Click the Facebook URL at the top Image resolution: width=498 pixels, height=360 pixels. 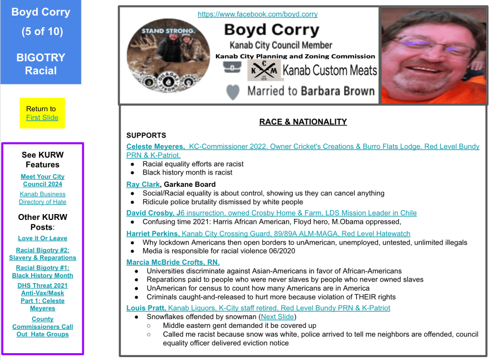pos(257,14)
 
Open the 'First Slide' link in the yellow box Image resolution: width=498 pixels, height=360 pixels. pos(42,118)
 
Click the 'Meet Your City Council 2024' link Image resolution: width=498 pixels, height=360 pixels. pos(43,180)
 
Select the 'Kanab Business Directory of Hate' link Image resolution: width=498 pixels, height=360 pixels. pos(43,198)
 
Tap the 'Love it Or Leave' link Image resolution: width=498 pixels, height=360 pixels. pos(43,238)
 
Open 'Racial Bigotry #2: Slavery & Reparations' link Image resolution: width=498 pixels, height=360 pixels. pos(43,254)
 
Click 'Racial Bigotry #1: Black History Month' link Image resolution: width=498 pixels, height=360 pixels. pos(43,271)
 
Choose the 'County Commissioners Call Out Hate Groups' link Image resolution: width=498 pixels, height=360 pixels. pos(43,326)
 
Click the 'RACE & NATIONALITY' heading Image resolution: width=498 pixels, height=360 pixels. pos(303,122)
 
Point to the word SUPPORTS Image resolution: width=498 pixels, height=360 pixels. pos(146,135)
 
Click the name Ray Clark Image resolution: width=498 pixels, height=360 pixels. pos(143,184)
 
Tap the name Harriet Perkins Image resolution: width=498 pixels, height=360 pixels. pos(153,234)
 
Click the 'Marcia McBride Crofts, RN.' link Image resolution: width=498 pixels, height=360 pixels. pos(173,262)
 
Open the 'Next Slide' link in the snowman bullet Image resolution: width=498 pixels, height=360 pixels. pos(277,317)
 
